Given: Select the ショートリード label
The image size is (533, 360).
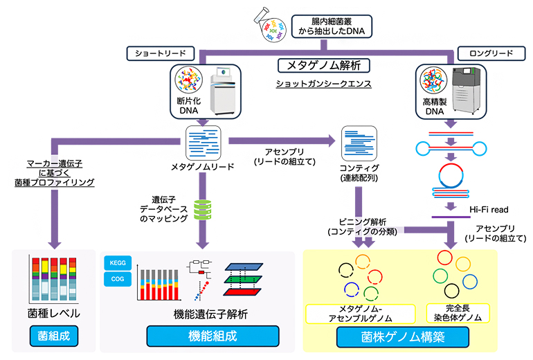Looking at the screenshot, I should pyautogui.click(x=158, y=53).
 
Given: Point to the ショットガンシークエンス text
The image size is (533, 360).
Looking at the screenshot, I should pyautogui.click(x=323, y=84).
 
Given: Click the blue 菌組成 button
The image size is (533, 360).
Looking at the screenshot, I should pyautogui.click(x=53, y=337).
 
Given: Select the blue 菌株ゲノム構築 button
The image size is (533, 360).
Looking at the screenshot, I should pyautogui.click(x=402, y=337).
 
